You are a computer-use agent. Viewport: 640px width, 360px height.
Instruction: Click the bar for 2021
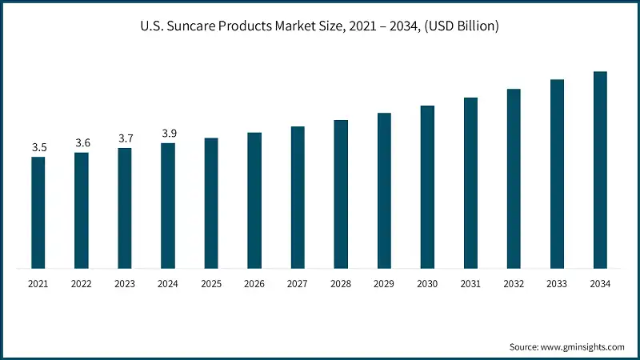38,213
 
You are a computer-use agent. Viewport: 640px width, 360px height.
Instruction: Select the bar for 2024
168,206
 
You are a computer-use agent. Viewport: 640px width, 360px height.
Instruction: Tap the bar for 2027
298,198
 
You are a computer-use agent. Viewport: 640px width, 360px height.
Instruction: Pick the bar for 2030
427,187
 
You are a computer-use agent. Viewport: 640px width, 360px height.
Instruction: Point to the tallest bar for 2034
600,170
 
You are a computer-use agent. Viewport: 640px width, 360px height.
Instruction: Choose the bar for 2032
514,178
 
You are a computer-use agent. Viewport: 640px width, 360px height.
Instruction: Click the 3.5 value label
38,147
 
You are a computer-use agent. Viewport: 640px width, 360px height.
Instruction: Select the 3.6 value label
82,143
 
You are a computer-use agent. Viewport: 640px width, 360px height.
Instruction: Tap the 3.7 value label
126,138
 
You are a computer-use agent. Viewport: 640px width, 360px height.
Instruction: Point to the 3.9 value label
169,133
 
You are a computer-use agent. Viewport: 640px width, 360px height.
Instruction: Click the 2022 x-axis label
82,284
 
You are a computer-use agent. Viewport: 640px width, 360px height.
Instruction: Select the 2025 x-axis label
211,284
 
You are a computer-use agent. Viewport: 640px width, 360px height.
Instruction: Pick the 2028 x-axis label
341,284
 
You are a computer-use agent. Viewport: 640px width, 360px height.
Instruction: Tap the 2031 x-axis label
470,284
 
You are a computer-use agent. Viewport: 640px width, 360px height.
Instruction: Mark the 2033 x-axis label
557,284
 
